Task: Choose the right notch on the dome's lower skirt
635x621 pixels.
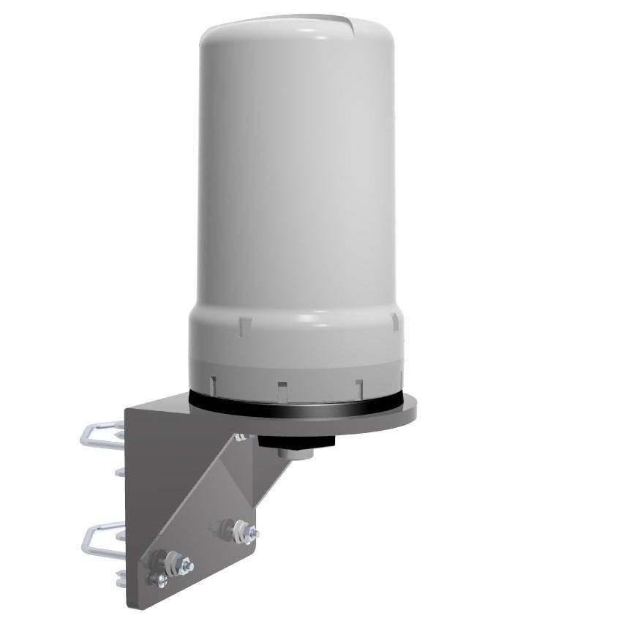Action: pyautogui.click(x=358, y=383)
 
